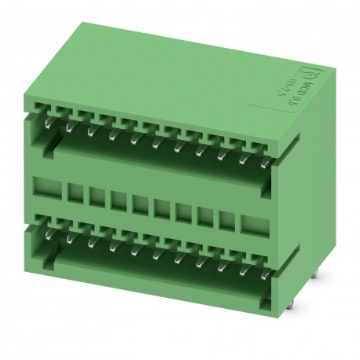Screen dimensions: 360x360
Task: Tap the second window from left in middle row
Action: [75, 194]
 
